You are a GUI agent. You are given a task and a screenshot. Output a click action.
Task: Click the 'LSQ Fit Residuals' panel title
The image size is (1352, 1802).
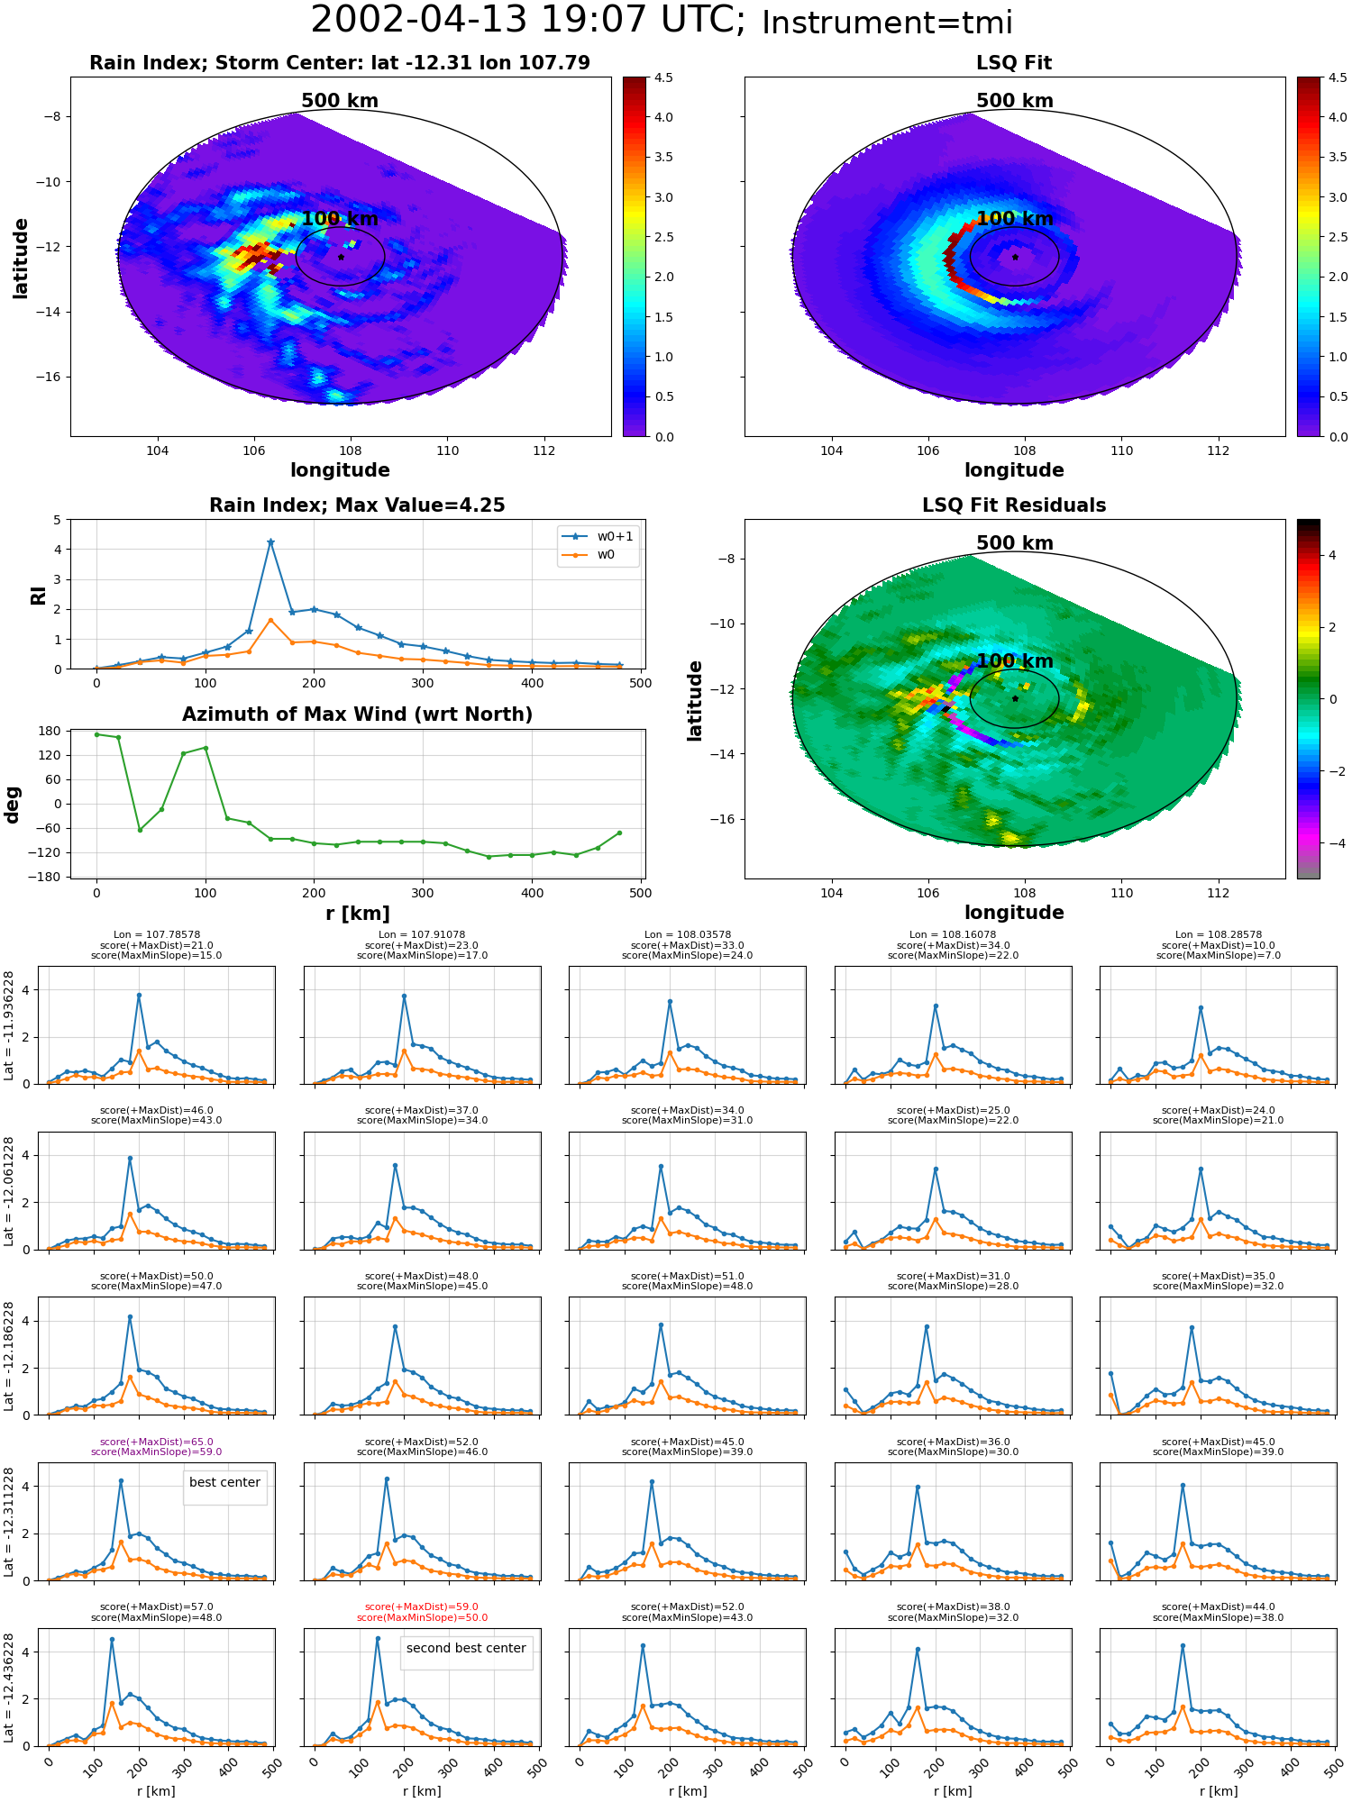(1014, 505)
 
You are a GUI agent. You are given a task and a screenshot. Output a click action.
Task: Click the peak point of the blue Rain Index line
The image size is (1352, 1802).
(270, 542)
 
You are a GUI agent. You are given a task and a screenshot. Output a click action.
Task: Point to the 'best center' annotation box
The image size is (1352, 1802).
(224, 1482)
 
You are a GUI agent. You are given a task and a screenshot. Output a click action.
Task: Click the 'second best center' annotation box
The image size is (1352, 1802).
(466, 1648)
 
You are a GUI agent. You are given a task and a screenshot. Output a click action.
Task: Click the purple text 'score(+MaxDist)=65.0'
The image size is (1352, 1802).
(156, 1442)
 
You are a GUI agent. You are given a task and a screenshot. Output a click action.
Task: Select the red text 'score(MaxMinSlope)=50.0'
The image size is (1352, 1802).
(422, 1617)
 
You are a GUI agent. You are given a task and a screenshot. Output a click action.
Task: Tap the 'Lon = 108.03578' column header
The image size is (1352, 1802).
(688, 935)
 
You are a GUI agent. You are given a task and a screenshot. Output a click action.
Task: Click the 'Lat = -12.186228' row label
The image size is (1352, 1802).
(9, 1356)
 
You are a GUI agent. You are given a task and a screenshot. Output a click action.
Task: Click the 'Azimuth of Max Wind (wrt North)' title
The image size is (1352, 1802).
(357, 714)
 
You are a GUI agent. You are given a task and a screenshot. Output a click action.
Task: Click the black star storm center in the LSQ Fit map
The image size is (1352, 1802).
(1015, 257)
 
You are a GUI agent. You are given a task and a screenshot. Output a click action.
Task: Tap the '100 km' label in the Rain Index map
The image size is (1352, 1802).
(340, 219)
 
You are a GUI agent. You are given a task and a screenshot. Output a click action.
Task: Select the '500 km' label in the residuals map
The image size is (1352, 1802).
(1015, 543)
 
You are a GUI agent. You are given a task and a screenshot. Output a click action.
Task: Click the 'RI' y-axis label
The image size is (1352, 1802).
(38, 595)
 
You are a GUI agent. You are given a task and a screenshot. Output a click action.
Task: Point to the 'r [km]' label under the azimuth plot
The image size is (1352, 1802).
(358, 914)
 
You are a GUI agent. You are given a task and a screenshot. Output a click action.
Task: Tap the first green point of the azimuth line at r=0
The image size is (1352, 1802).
(96, 734)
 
